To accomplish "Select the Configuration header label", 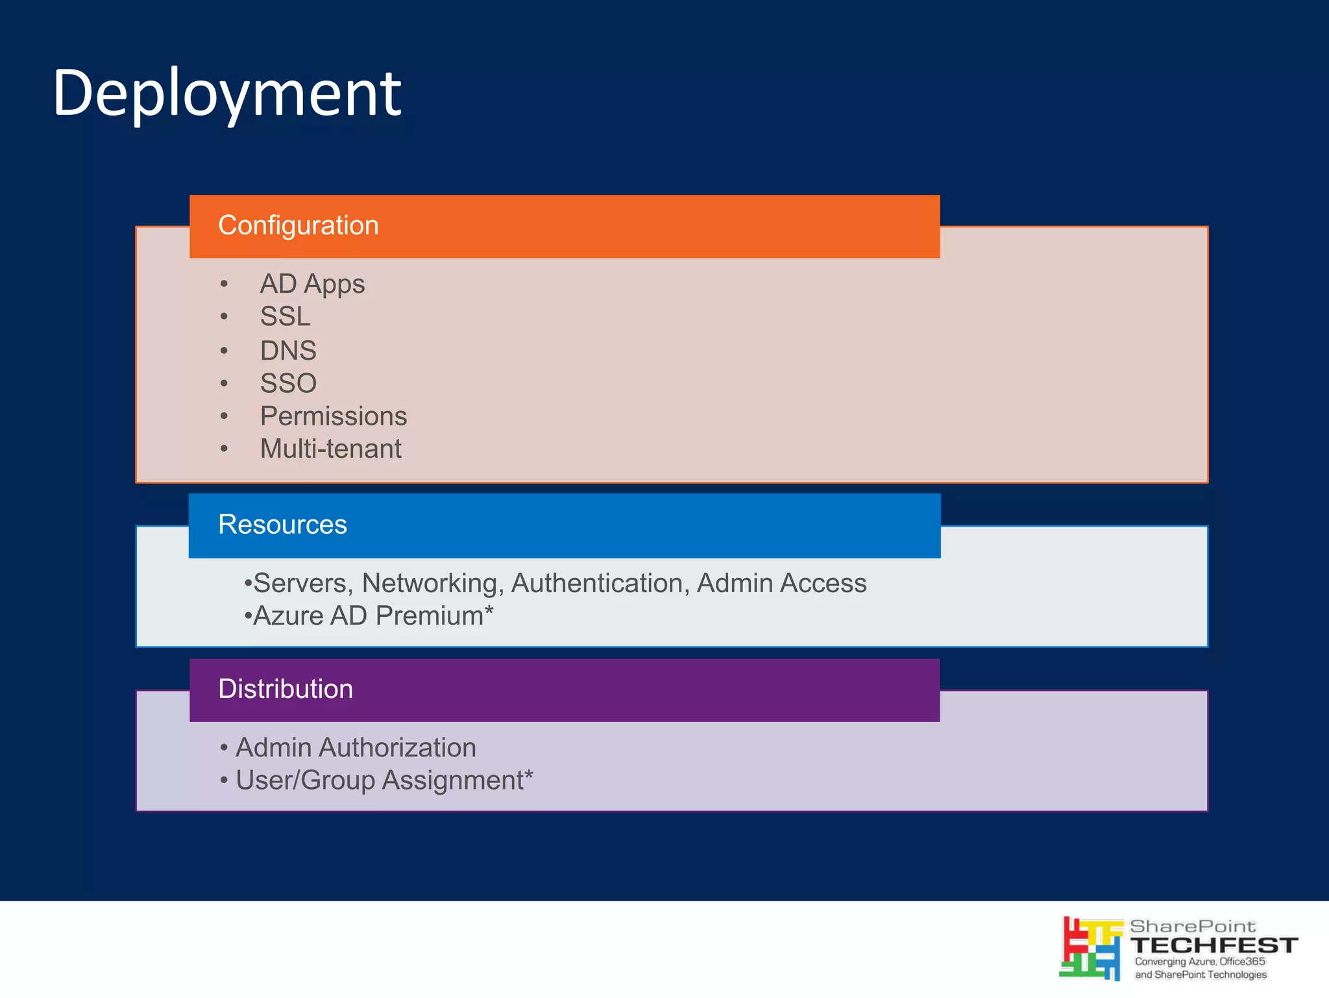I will [298, 225].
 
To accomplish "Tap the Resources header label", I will [282, 524].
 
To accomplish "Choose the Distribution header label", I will [286, 688].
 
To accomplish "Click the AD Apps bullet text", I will [312, 284].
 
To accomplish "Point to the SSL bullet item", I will [285, 316].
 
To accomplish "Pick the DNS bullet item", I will [288, 351].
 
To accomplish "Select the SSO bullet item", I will [288, 383].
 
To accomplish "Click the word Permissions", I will [334, 416].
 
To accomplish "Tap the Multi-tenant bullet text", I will [330, 449].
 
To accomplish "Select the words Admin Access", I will [781, 583].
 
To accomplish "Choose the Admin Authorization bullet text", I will [356, 747].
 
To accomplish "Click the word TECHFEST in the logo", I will [1213, 945].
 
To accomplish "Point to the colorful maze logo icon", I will [1091, 948].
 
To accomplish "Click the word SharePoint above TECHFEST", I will [1193, 926].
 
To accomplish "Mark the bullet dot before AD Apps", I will [224, 284].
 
